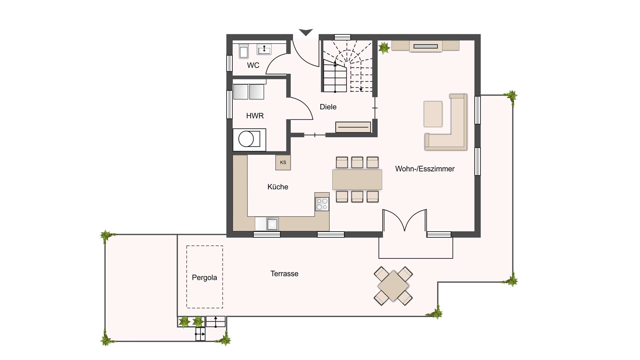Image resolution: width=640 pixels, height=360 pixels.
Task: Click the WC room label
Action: [253, 65]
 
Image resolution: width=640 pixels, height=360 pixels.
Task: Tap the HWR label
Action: [255, 116]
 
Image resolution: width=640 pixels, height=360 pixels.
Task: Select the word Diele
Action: [328, 107]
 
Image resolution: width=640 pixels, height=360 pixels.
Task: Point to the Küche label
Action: [278, 187]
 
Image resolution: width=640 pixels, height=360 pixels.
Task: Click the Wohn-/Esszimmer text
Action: [425, 169]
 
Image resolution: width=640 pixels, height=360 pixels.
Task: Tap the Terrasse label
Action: [284, 274]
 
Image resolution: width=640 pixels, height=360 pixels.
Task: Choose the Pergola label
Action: [204, 277]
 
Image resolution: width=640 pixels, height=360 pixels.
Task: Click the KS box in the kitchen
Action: [283, 163]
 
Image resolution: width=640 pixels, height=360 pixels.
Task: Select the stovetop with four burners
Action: [322, 204]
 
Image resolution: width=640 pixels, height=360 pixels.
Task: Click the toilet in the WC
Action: [244, 51]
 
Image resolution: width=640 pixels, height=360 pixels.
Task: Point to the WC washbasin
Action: [264, 49]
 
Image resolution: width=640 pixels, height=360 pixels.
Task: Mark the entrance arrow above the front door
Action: [306, 32]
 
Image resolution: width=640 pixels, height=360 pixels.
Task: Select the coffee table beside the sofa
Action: [433, 114]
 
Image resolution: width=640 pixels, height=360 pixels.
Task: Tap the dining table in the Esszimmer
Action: [357, 180]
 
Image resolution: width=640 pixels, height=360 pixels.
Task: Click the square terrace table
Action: [393, 286]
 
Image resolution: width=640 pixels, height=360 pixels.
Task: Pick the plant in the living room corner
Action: [384, 48]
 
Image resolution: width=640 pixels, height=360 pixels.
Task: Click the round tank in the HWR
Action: [246, 139]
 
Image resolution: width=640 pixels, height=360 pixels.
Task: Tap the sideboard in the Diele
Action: [353, 127]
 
